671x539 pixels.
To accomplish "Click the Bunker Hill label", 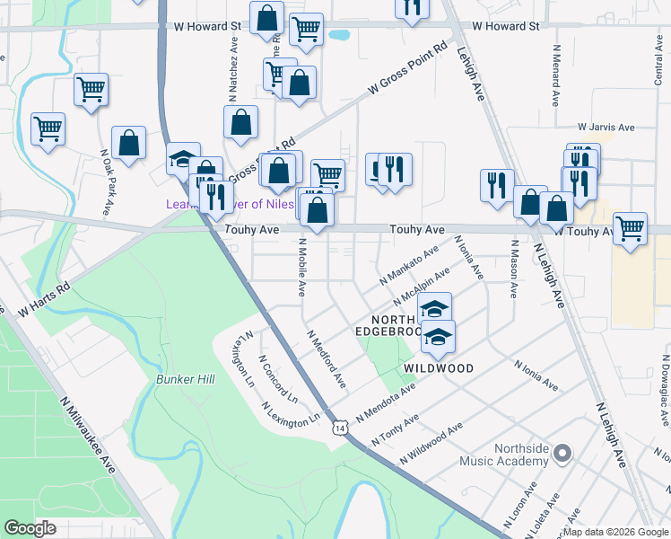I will point(186,379).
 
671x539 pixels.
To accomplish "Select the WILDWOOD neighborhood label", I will point(438,368).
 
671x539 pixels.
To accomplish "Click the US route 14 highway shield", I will point(339,428).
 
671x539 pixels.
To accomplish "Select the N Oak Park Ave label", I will point(107,182).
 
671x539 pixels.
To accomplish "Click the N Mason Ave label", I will point(514,269).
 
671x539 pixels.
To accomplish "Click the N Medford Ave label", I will point(327,358).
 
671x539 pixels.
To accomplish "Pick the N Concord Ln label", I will point(278,378).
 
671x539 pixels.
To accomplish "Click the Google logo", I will point(30,527).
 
